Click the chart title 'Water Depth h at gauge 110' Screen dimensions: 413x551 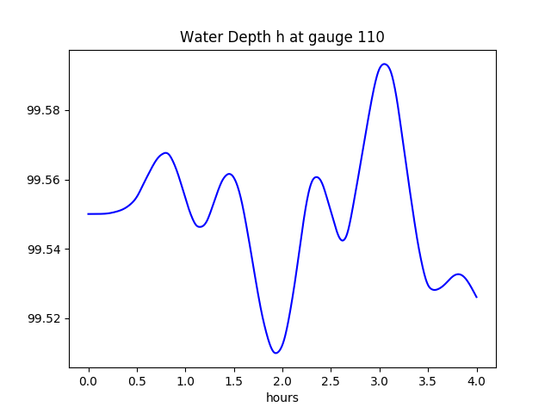(x=282, y=37)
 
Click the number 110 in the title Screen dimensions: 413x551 (x=371, y=37)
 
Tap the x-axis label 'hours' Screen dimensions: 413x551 (x=282, y=398)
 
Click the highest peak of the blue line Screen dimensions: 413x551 (x=384, y=64)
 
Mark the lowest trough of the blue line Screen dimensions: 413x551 (x=275, y=353)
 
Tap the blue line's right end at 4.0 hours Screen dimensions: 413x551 (x=476, y=297)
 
